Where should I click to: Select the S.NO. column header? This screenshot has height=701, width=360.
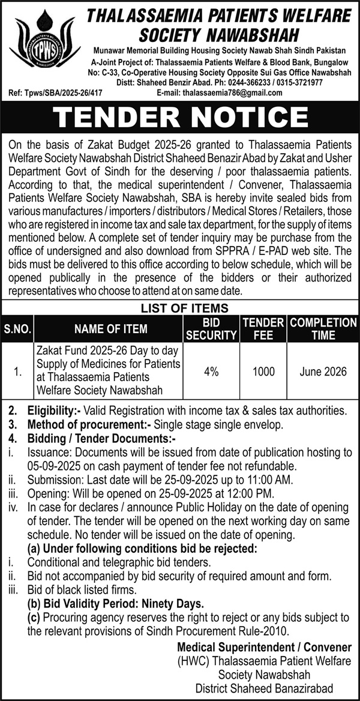coord(18,329)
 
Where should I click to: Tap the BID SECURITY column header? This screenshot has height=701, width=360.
coord(210,329)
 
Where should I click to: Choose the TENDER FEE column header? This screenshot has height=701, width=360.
coord(263,329)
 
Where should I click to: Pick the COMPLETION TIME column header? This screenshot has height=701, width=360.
coord(323,329)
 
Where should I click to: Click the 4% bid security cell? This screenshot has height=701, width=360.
coord(211,372)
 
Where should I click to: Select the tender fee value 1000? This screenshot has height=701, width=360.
coord(263,372)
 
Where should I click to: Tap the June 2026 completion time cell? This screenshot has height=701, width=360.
coord(323,372)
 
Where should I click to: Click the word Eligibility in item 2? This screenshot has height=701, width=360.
coord(52,411)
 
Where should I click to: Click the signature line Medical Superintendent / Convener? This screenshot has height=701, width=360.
coord(264,647)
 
